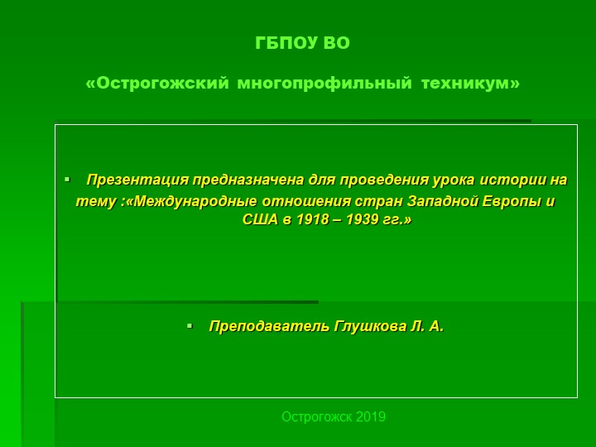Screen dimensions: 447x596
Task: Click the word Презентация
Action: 137,180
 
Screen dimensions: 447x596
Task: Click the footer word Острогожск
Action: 317,416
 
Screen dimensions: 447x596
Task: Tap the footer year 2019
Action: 371,416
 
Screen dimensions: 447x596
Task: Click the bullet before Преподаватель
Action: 190,327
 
